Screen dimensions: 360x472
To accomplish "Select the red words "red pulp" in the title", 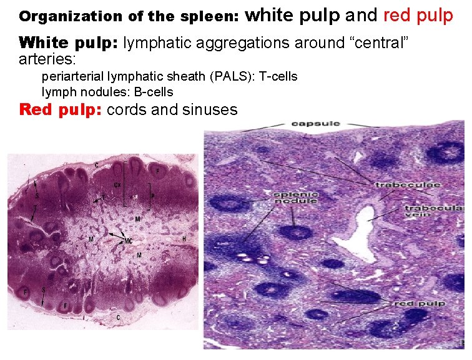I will coord(418,15).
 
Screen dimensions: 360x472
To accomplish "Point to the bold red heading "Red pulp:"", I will coord(61,110).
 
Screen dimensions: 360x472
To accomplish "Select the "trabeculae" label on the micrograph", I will coord(408,184).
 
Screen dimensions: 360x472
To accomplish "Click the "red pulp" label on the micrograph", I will coord(419,303).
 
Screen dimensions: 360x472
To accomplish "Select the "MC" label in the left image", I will coord(127,240).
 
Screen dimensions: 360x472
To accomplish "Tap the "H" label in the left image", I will coord(184,239).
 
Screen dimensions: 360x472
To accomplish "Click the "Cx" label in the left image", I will coord(117,184).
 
